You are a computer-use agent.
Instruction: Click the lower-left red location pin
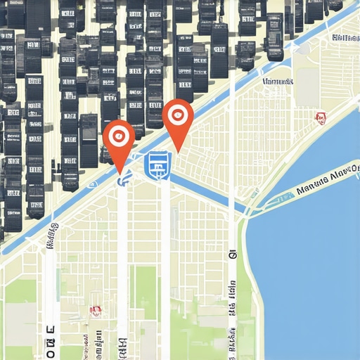tap(118, 136)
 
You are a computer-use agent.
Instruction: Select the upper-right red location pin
tap(177, 115)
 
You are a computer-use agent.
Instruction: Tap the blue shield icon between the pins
tap(157, 165)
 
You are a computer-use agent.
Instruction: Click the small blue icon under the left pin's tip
tap(123, 180)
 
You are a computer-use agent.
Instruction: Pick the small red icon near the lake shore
tap(321, 118)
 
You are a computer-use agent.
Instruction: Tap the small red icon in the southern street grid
tap(96, 310)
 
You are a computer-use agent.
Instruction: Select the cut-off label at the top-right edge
tap(346, 37)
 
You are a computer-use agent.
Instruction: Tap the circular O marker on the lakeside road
tap(232, 256)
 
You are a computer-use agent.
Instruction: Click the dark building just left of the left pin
tap(89, 141)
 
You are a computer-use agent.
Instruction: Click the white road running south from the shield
tap(165, 267)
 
